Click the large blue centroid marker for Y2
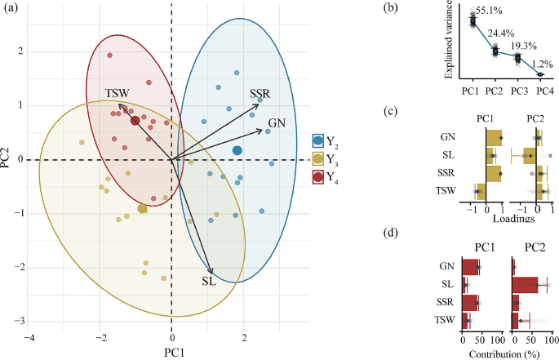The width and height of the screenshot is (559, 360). click(237, 150)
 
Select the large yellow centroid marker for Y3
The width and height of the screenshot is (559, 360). click(143, 209)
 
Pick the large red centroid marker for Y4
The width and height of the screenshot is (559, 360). click(135, 121)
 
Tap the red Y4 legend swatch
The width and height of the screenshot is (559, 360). click(318, 176)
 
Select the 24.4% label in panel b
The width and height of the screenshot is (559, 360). click(504, 35)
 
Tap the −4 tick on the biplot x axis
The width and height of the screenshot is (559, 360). click(30, 337)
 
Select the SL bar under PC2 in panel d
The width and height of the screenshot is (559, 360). click(525, 285)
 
